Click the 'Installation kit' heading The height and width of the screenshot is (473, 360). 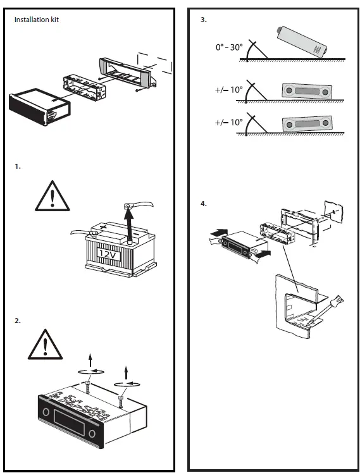[37, 20]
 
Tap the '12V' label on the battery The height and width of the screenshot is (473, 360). [108, 254]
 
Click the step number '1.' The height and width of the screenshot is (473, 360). [18, 166]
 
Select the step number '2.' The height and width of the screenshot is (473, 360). [18, 321]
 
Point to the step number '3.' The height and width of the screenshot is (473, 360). [204, 20]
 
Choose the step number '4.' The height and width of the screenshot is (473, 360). [204, 204]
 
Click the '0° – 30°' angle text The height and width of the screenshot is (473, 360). [229, 47]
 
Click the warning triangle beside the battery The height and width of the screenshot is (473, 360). [53, 196]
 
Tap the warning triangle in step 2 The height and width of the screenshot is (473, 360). [46, 345]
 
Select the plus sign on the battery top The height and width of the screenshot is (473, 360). [104, 226]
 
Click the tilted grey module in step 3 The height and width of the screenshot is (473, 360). [302, 42]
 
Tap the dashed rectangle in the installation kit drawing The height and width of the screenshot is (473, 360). [155, 63]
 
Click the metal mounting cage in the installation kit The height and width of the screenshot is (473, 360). [85, 88]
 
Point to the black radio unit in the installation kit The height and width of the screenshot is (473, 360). [39, 107]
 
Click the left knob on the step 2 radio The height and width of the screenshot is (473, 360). [46, 412]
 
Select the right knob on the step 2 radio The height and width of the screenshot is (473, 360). [92, 434]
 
